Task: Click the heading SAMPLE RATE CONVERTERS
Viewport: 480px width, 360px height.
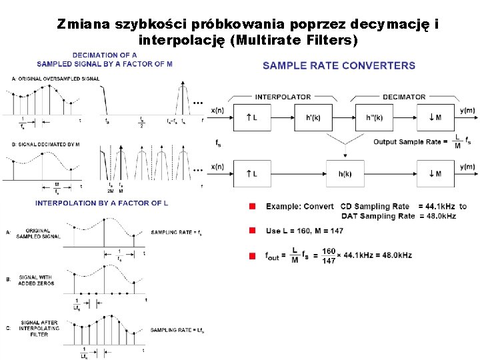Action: (x=339, y=65)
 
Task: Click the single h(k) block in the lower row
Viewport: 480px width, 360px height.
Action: (x=345, y=174)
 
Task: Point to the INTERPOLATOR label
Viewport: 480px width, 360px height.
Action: (x=283, y=97)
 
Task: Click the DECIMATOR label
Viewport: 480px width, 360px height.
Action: (x=404, y=97)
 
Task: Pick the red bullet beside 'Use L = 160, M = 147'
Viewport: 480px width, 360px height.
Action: (x=253, y=230)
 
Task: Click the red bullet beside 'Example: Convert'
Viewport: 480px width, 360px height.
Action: (x=253, y=207)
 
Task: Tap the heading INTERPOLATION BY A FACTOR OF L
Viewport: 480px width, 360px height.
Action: (x=101, y=203)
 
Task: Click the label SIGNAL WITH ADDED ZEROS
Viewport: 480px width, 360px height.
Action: (x=37, y=281)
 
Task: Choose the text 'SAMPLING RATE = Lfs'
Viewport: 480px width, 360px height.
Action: (x=177, y=330)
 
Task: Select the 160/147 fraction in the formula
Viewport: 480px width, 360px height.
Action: (x=328, y=256)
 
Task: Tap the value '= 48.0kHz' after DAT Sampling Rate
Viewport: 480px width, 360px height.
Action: (x=437, y=216)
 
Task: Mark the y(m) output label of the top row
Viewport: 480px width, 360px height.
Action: (x=467, y=110)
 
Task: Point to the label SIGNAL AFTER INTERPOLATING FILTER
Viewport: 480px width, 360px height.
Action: (x=39, y=329)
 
